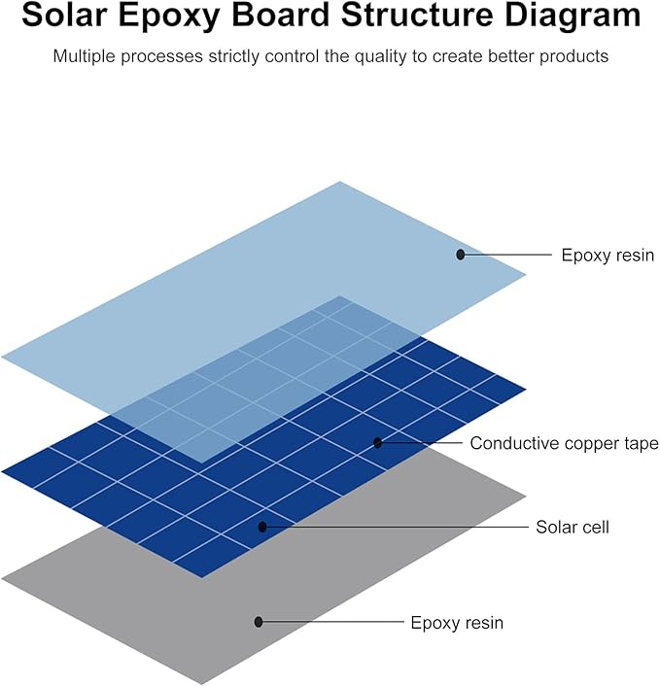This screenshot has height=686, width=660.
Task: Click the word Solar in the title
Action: [64, 15]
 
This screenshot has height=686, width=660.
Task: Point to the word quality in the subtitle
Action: [380, 57]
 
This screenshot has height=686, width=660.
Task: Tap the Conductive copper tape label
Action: [564, 443]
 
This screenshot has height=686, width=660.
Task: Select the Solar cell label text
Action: [573, 527]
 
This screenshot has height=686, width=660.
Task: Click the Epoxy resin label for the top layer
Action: [608, 255]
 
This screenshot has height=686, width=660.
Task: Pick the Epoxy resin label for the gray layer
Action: [457, 623]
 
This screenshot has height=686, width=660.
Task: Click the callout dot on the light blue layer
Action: [460, 255]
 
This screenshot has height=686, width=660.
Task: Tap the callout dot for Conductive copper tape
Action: [378, 443]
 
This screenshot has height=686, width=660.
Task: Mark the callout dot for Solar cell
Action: [262, 527]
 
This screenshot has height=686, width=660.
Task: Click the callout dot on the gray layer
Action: [259, 621]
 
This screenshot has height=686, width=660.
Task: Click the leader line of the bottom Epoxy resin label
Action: [333, 621]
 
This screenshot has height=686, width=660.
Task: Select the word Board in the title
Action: [281, 15]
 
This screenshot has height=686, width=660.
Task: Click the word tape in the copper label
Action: [642, 444]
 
